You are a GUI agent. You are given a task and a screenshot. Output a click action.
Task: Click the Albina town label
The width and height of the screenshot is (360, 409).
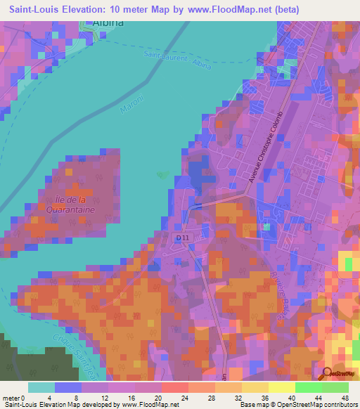pos(108,22)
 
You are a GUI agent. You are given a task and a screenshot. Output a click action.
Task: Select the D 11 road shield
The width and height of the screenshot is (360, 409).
pos(181,239)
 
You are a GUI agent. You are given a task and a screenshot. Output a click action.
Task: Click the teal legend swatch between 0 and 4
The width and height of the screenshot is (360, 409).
pos(41,387)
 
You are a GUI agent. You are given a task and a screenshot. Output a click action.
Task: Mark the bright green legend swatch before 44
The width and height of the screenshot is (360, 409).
pos(309,387)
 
